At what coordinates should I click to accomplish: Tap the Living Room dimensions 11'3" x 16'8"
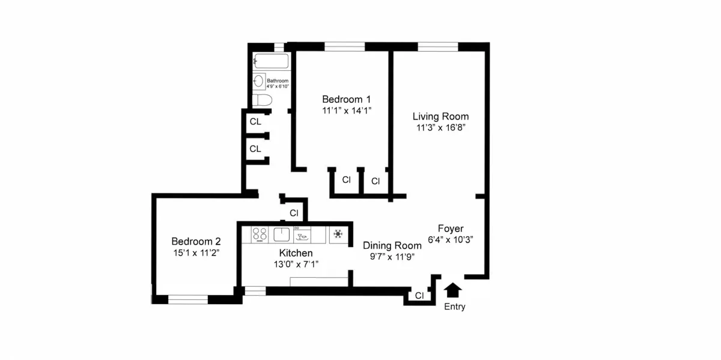pyautogui.click(x=440, y=127)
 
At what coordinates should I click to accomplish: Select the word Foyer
pyautogui.click(x=450, y=228)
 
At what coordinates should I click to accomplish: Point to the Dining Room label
pyautogui.click(x=392, y=245)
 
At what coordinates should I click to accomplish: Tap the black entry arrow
pyautogui.click(x=454, y=290)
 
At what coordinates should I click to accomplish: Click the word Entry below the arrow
pyautogui.click(x=454, y=307)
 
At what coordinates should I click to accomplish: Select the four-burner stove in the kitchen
pyautogui.click(x=260, y=234)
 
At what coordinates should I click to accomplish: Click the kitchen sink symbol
pyautogui.click(x=282, y=234)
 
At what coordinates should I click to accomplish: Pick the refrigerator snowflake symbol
pyautogui.click(x=338, y=234)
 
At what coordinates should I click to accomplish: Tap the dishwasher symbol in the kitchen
pyautogui.click(x=302, y=234)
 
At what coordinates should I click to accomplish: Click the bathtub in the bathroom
pyautogui.click(x=272, y=61)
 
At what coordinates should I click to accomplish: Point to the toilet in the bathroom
pyautogui.click(x=262, y=100)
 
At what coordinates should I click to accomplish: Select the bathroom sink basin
pyautogui.click(x=259, y=81)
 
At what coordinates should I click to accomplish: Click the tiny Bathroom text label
pyautogui.click(x=278, y=81)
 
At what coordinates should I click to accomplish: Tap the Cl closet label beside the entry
pyautogui.click(x=419, y=295)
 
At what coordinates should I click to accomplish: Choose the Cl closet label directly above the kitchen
pyautogui.click(x=294, y=213)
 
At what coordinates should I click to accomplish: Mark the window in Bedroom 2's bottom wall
pyautogui.click(x=188, y=299)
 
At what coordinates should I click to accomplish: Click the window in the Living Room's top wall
pyautogui.click(x=437, y=46)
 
